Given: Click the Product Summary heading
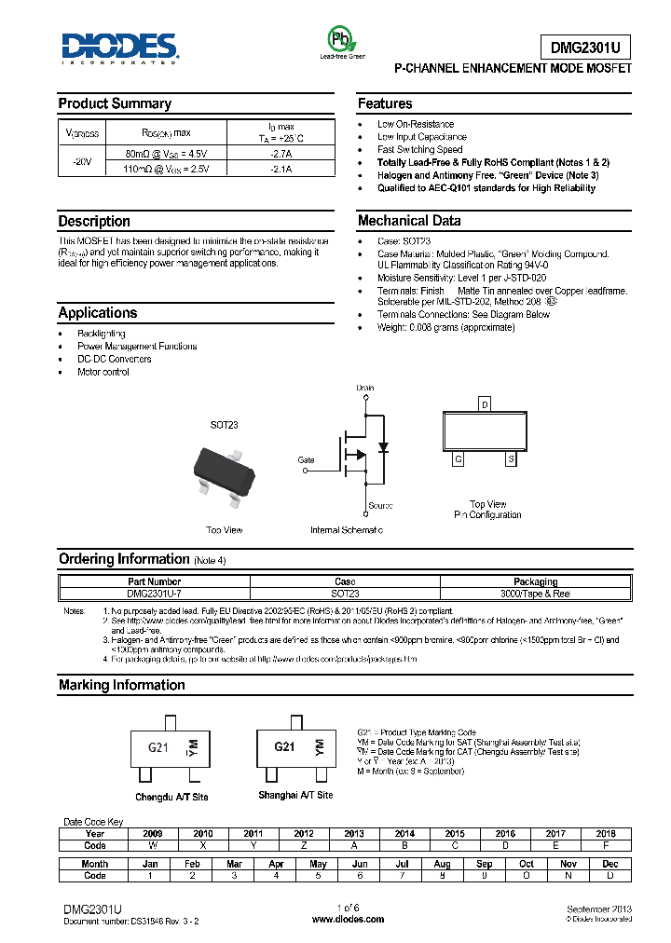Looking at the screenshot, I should (115, 103).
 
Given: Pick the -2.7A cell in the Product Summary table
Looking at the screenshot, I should (281, 154).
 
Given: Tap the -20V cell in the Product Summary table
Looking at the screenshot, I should (82, 161).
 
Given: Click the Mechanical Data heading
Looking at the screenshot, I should (409, 221).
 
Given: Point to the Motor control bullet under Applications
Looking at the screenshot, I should (103, 372).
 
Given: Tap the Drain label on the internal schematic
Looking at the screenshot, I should (364, 387).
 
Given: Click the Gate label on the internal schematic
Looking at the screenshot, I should (306, 459).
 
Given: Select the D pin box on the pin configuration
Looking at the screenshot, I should (484, 404).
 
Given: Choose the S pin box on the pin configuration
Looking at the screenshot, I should (510, 458).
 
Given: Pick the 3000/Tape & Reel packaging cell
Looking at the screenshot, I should (535, 593).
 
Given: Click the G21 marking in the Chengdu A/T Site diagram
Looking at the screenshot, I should (158, 747).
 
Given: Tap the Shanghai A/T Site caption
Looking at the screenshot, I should (295, 795).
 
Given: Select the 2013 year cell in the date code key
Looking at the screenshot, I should (354, 833).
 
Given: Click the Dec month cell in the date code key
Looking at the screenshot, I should (610, 864).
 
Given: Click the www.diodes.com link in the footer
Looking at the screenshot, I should (348, 919).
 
